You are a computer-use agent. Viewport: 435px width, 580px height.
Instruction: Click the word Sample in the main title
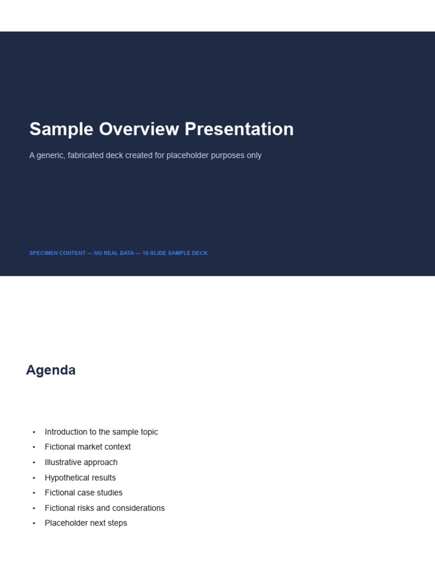point(61,130)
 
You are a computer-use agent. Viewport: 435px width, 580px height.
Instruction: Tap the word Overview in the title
point(139,129)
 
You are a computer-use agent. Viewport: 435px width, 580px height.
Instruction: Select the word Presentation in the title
point(239,129)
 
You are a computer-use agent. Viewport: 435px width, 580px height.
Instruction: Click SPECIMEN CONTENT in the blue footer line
point(57,253)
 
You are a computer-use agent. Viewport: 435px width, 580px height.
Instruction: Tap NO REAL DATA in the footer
point(114,253)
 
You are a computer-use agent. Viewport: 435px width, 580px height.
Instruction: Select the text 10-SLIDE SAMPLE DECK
point(175,253)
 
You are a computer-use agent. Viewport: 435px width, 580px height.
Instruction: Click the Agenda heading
point(50,370)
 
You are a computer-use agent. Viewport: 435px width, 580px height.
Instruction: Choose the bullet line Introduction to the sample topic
point(101,432)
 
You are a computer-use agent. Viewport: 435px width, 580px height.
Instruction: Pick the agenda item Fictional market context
point(88,447)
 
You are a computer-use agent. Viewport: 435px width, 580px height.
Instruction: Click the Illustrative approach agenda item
point(81,462)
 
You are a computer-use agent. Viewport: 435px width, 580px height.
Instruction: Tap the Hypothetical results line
point(80,477)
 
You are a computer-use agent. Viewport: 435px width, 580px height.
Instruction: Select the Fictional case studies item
point(84,493)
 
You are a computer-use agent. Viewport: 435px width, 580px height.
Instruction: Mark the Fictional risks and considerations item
point(105,508)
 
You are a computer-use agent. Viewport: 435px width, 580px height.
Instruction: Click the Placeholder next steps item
point(86,523)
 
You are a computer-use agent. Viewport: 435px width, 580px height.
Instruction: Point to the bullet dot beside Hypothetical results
point(34,478)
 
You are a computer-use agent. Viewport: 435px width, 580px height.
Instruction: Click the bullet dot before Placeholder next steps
point(34,523)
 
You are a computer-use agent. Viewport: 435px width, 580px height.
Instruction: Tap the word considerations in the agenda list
point(136,508)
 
